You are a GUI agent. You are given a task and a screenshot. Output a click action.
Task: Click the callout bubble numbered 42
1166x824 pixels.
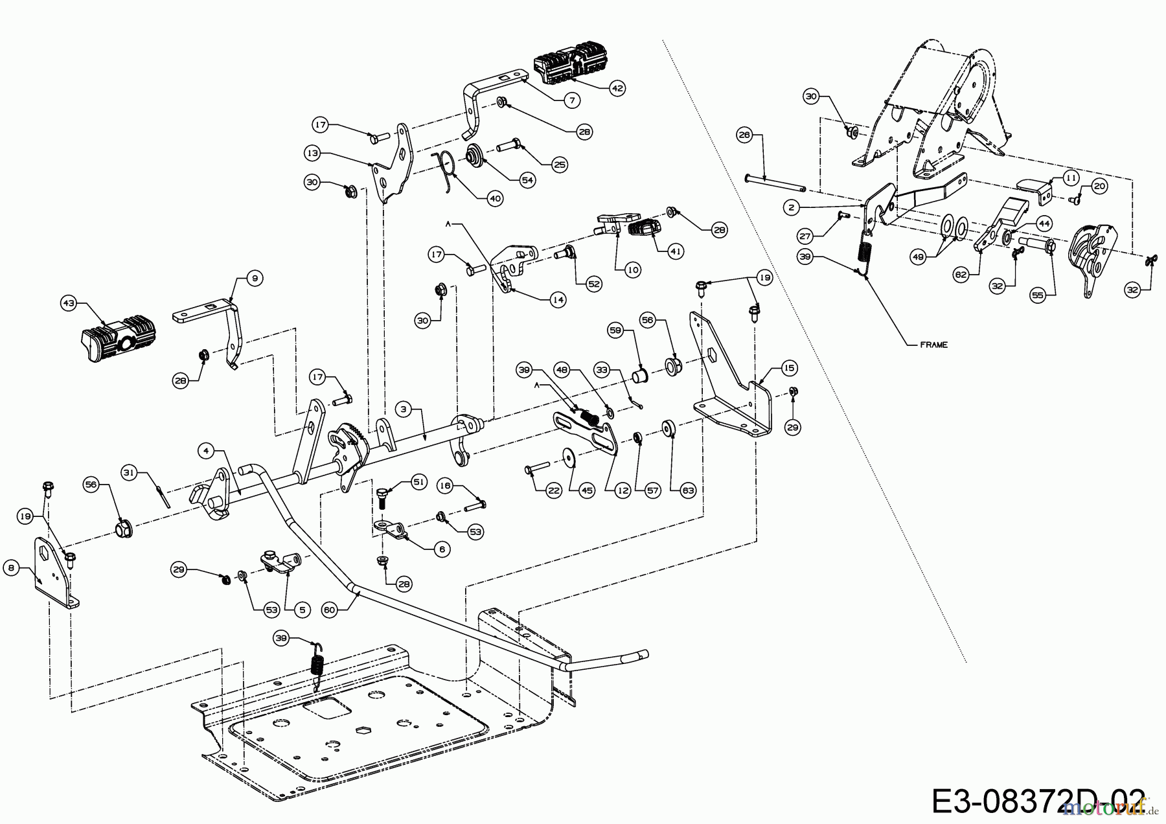617,89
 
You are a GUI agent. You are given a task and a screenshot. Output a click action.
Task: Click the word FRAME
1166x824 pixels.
933,345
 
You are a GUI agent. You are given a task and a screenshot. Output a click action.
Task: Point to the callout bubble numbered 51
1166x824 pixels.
420,482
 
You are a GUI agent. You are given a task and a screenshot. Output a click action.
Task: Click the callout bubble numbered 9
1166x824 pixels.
254,279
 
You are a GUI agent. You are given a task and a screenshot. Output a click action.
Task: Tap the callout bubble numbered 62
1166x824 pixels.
961,275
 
